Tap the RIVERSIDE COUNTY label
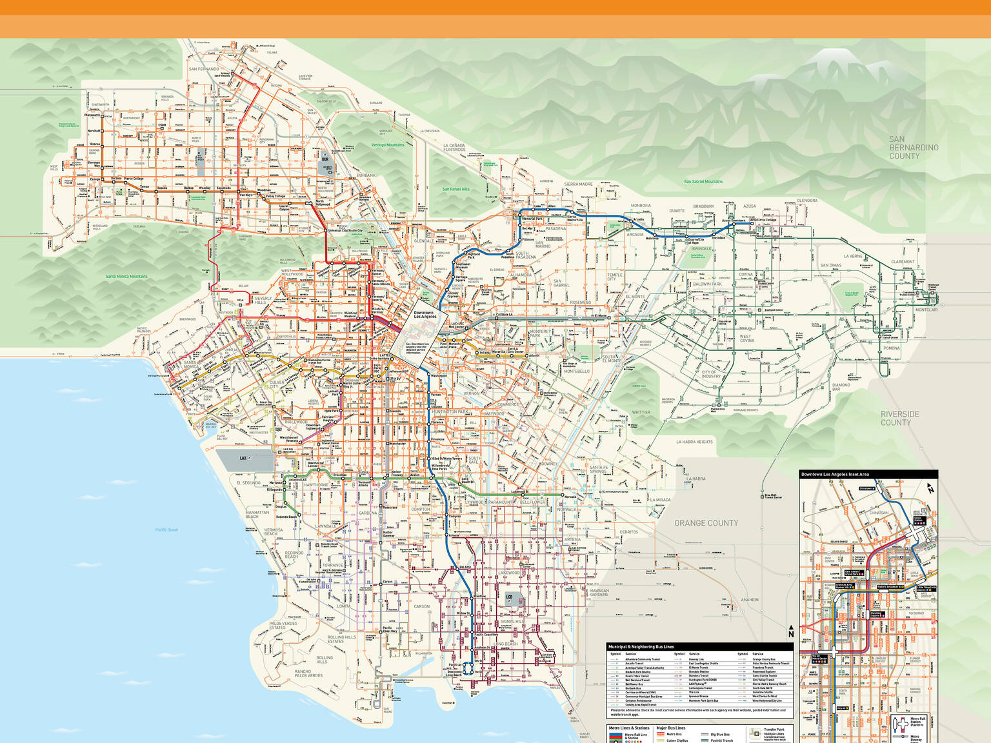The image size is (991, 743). (900, 418)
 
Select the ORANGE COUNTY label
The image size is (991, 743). (706, 523)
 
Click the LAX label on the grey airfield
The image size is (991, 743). (244, 458)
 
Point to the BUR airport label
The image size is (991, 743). (325, 159)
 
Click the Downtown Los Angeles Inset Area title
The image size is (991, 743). (835, 474)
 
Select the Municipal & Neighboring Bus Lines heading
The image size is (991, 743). (641, 646)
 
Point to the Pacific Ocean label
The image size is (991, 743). (166, 530)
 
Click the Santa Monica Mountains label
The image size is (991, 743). (126, 276)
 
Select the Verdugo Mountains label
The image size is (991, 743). (387, 145)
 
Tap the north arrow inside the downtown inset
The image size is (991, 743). (930, 488)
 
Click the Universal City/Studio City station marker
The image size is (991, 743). (326, 230)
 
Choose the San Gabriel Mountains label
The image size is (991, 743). (703, 181)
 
